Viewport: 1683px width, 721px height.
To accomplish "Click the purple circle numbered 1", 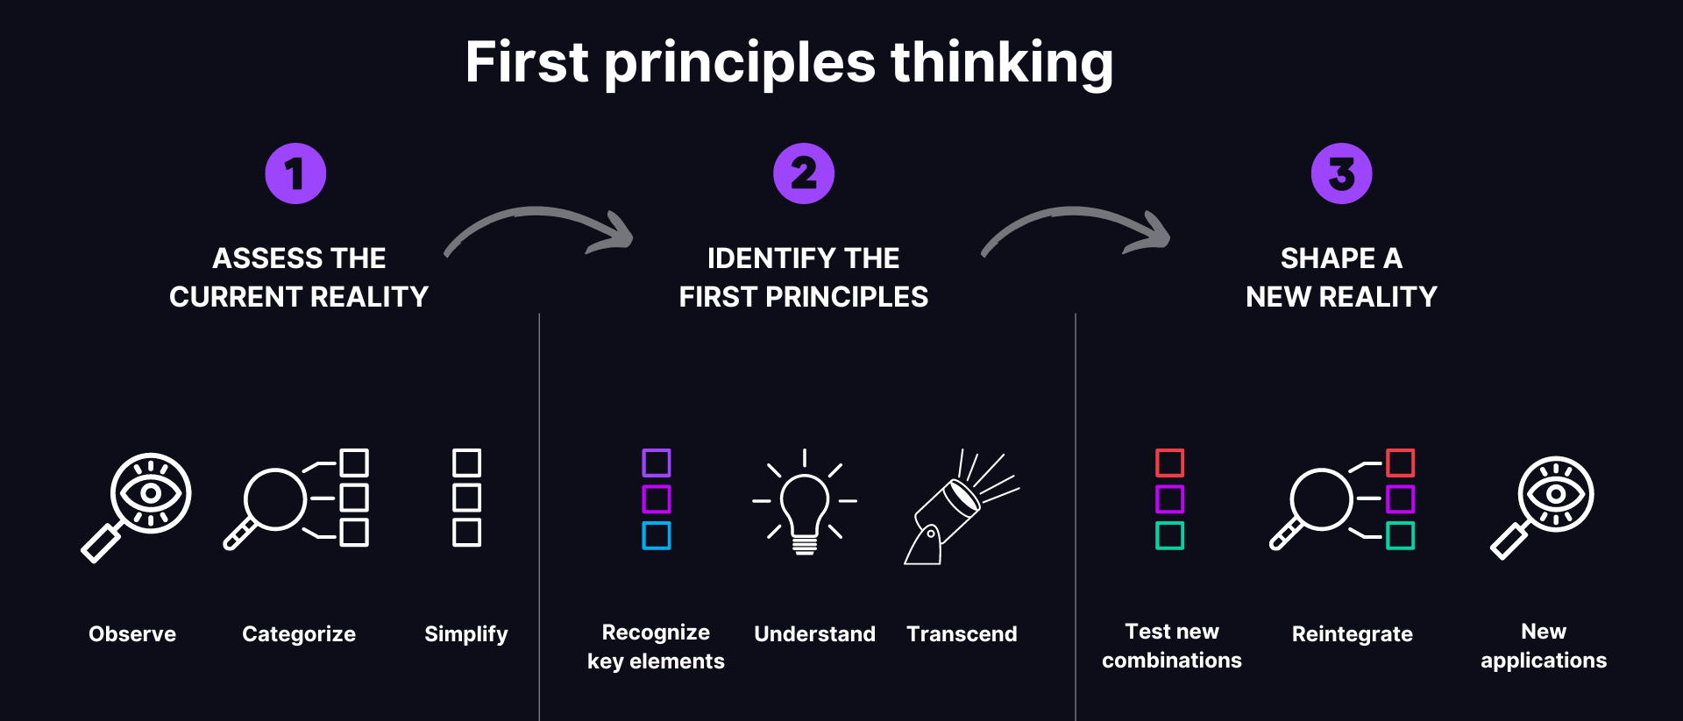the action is click(x=295, y=173).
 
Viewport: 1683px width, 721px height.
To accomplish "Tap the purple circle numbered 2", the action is click(x=803, y=173).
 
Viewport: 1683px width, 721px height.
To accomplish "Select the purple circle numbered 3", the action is click(x=1341, y=173).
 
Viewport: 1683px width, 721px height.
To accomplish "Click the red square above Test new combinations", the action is click(x=1169, y=463).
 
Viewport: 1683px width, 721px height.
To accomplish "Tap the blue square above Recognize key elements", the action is click(x=656, y=535).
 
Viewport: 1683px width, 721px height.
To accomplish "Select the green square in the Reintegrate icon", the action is click(x=1400, y=535).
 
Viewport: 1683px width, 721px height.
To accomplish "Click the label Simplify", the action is click(x=465, y=633).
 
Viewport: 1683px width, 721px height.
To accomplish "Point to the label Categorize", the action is click(x=299, y=633).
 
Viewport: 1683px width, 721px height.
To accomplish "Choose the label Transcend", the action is click(x=962, y=633).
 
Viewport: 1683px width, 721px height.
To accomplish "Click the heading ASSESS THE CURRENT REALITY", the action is click(x=299, y=277).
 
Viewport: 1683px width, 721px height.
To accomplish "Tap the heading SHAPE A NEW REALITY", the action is click(x=1341, y=277).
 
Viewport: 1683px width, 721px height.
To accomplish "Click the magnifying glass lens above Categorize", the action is click(x=275, y=499).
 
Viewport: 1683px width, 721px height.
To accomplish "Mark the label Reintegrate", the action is click(x=1352, y=633).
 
